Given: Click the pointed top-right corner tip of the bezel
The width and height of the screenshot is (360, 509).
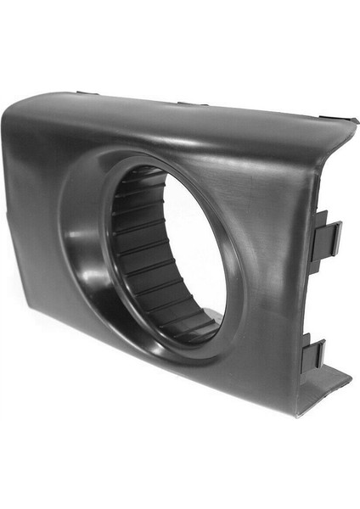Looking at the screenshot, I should point(354,121).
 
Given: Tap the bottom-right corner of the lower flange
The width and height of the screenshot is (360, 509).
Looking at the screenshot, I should point(350,373).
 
